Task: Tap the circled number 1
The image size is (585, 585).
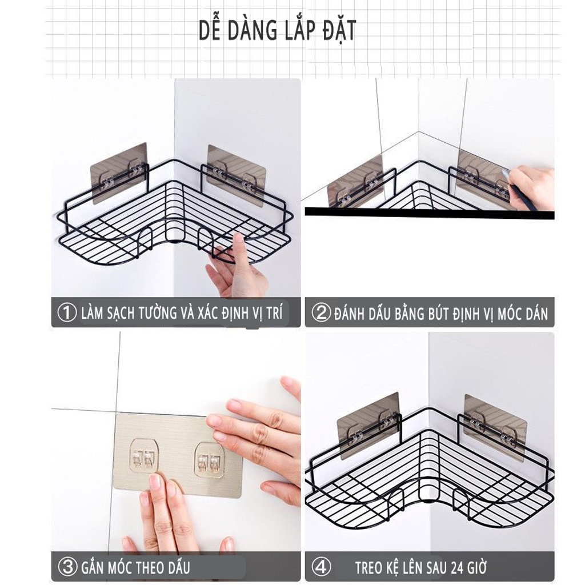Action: pos(67,312)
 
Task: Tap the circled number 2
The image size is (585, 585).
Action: pos(321,313)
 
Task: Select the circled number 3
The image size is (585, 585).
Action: pos(67,567)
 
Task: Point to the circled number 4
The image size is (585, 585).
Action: pos(321,567)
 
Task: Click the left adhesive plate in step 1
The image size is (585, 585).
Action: pos(119,173)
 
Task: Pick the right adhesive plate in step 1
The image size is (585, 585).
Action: pos(237,175)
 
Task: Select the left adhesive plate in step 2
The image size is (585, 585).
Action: pos(355,181)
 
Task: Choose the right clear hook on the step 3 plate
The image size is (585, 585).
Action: pos(209,460)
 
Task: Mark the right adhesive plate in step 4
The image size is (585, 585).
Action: pos(495,427)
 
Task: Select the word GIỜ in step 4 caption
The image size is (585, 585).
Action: pos(478,568)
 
